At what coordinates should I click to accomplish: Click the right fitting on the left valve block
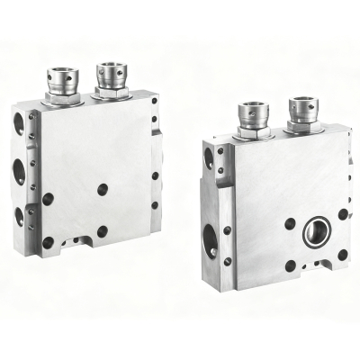click(112, 77)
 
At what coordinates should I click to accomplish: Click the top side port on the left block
click(19, 124)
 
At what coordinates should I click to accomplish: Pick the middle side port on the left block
click(19, 171)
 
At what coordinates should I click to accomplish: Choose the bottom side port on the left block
click(19, 216)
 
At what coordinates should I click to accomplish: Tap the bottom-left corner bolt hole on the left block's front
click(48, 242)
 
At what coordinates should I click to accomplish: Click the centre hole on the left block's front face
click(102, 189)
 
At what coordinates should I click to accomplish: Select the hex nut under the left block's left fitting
click(63, 98)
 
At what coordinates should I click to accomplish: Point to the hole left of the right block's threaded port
click(290, 224)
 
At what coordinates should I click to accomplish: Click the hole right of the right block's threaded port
click(343, 214)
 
